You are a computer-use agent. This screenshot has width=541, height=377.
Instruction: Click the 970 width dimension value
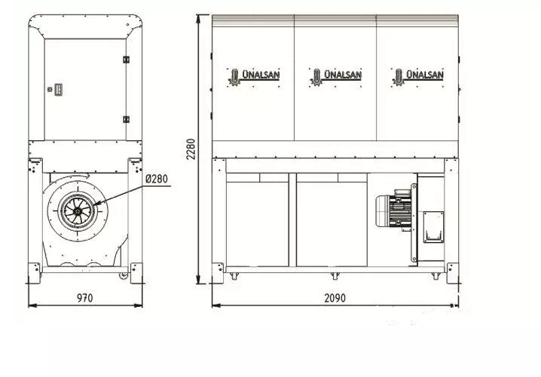coord(85,298)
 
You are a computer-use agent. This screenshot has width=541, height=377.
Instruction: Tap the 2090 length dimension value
coord(335,298)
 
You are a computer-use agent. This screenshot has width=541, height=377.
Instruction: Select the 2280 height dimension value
coord(191,149)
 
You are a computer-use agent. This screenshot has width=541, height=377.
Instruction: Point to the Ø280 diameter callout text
coord(157,179)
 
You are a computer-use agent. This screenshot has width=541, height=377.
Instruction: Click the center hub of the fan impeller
coord(78,211)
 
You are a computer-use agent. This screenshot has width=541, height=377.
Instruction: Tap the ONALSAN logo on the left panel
coord(254,77)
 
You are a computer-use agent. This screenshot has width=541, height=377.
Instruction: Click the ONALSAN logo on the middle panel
coord(336,77)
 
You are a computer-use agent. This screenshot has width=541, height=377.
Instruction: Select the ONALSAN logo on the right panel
coord(417,77)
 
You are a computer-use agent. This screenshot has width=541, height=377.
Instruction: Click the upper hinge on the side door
coord(126,60)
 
